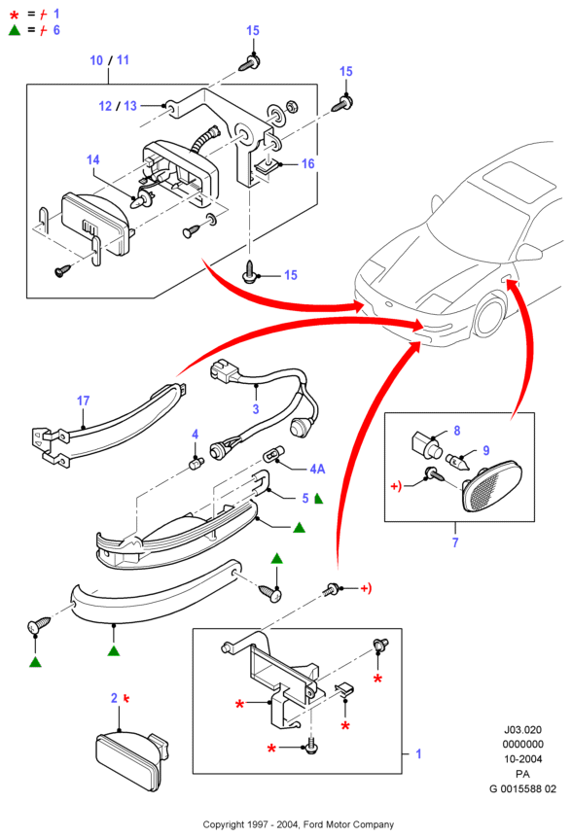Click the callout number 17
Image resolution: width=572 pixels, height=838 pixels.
[x=83, y=401]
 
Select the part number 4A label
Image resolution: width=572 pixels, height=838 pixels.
[x=317, y=469]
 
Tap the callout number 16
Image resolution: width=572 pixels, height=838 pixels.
[x=308, y=163]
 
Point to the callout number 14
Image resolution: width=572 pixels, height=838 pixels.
[x=93, y=159]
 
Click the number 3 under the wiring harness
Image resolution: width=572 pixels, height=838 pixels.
[x=256, y=409]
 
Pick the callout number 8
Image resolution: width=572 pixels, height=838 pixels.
[x=456, y=431]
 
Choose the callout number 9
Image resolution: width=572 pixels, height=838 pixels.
[x=486, y=450]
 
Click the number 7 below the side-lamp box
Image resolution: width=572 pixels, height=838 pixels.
[x=455, y=542]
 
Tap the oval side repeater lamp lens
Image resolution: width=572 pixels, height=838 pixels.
[x=491, y=487]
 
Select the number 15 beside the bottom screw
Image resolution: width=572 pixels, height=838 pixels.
[x=290, y=275]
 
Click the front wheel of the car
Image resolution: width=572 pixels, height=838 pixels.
[x=490, y=316]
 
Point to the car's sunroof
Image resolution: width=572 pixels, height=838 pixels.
[x=518, y=182]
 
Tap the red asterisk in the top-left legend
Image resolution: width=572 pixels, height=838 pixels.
[x=14, y=15]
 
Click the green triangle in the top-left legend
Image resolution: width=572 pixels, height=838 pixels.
[x=15, y=30]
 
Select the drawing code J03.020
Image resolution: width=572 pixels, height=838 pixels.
[x=522, y=729]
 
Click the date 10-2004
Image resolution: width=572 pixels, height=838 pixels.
[x=522, y=759]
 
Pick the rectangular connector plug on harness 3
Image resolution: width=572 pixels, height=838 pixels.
[x=224, y=370]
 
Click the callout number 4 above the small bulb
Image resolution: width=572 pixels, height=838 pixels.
[x=196, y=434]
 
